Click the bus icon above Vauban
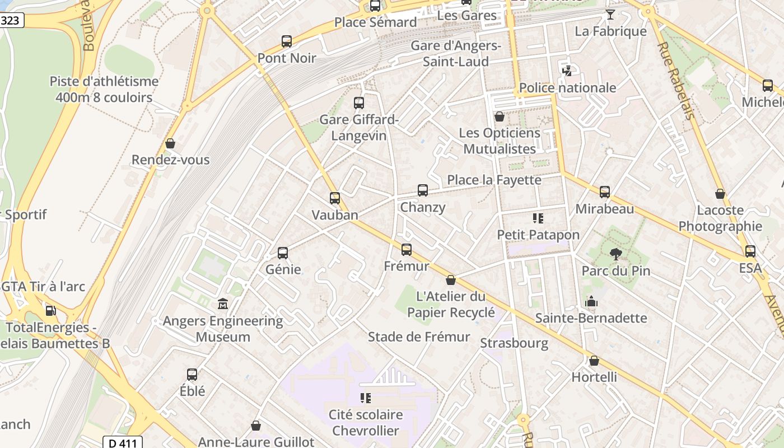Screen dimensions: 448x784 click(334, 198)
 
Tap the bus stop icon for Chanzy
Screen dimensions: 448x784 click(423, 190)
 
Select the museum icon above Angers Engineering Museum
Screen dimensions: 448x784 click(223, 304)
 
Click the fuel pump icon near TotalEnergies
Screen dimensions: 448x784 click(50, 310)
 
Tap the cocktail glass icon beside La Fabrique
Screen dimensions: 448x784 click(610, 15)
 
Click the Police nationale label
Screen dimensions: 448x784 click(567, 87)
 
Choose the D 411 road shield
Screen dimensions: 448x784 click(123, 443)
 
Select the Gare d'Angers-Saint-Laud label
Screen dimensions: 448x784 click(456, 53)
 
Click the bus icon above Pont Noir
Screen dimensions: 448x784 click(287, 41)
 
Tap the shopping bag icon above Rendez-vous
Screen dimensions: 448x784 click(170, 143)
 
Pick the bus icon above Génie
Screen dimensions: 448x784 click(283, 253)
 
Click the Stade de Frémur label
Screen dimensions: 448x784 click(419, 337)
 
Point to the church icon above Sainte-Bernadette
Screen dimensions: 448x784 click(591, 302)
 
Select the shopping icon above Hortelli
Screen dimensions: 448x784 click(594, 361)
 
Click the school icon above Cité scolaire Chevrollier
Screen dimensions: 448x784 click(366, 398)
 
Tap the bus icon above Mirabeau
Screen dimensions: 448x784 click(605, 192)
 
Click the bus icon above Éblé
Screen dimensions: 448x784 click(192, 374)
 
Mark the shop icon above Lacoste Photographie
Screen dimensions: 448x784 click(720, 194)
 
